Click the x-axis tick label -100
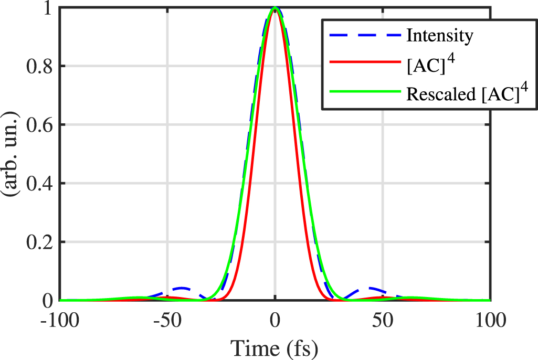59,320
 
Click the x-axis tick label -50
167,320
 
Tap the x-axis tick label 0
275,320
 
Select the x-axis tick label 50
383,320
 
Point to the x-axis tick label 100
490,320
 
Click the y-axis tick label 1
48,8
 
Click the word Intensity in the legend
439,36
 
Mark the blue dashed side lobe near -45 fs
181,288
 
